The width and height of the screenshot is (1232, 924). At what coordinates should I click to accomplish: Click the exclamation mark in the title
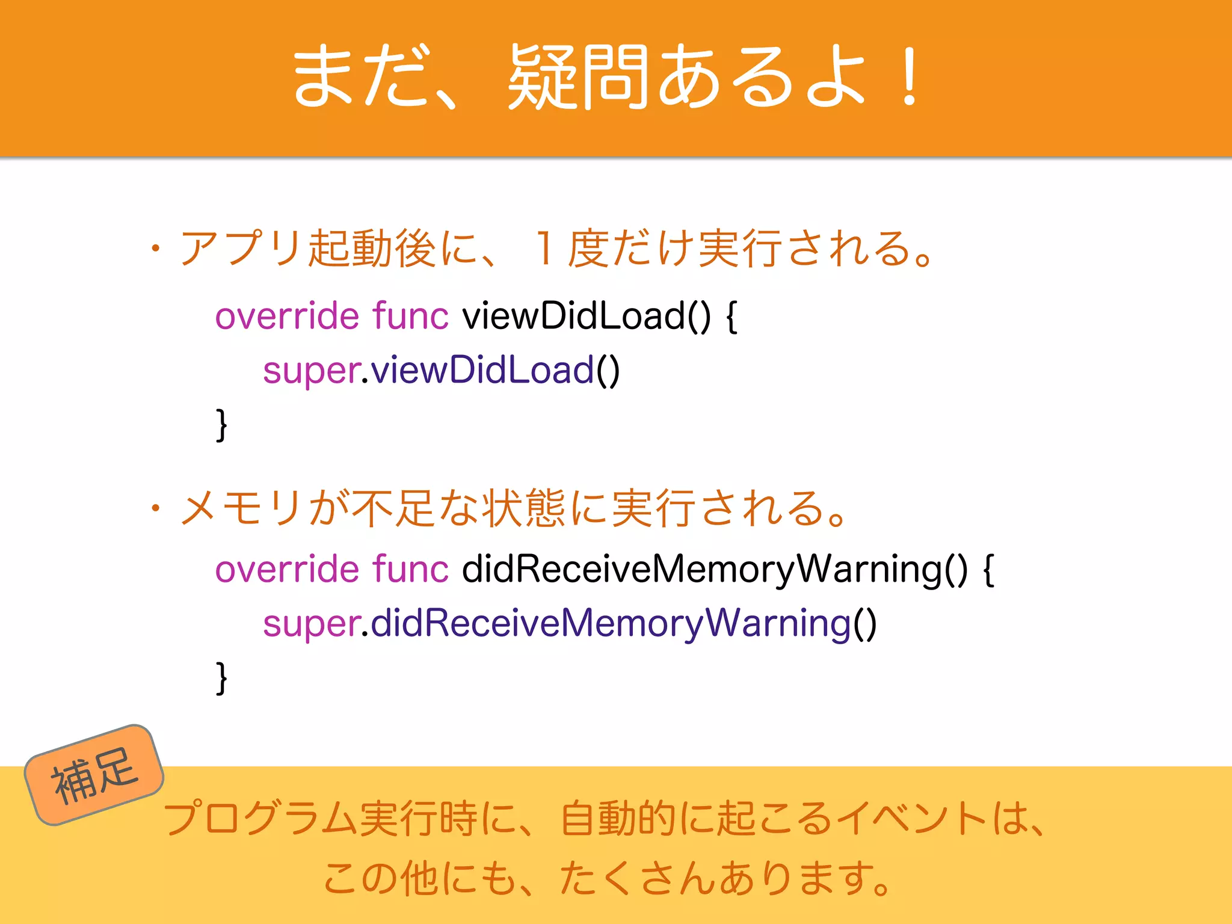coord(909,77)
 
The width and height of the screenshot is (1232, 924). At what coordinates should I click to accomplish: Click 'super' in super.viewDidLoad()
coord(311,370)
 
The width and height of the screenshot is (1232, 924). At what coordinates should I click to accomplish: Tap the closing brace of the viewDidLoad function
coord(221,425)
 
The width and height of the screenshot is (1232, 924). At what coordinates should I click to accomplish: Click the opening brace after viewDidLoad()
coord(731,317)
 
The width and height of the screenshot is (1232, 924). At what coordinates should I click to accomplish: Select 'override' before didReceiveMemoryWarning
coord(287,569)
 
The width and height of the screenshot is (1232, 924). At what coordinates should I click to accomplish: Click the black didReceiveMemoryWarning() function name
coord(715,569)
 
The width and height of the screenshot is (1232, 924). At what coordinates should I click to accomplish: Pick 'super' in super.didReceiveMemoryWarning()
coord(311,623)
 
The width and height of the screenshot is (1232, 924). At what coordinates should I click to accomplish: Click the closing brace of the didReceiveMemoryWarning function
coord(221,678)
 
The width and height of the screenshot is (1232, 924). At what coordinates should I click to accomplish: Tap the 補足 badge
coord(94,775)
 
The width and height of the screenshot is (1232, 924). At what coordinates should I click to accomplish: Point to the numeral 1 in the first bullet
coord(544,248)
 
